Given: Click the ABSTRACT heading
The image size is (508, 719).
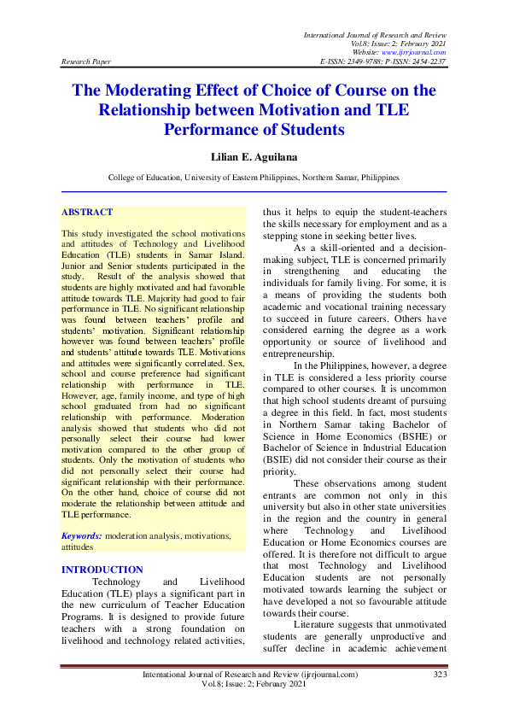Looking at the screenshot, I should [x=87, y=212].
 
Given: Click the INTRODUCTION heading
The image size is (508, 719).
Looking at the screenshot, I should [x=102, y=570].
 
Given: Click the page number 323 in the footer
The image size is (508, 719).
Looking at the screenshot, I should [x=441, y=675].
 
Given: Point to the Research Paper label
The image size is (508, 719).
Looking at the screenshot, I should [x=86, y=62].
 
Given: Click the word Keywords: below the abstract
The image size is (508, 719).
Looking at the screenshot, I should [x=82, y=535].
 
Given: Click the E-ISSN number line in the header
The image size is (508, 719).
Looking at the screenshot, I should [x=382, y=62].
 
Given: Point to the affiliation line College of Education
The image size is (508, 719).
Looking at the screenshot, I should [x=253, y=178].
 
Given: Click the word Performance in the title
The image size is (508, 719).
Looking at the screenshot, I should [x=213, y=130].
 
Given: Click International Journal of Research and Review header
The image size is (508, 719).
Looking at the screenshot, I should [x=376, y=33].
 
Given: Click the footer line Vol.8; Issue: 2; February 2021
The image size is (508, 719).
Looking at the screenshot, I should [x=253, y=685].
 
